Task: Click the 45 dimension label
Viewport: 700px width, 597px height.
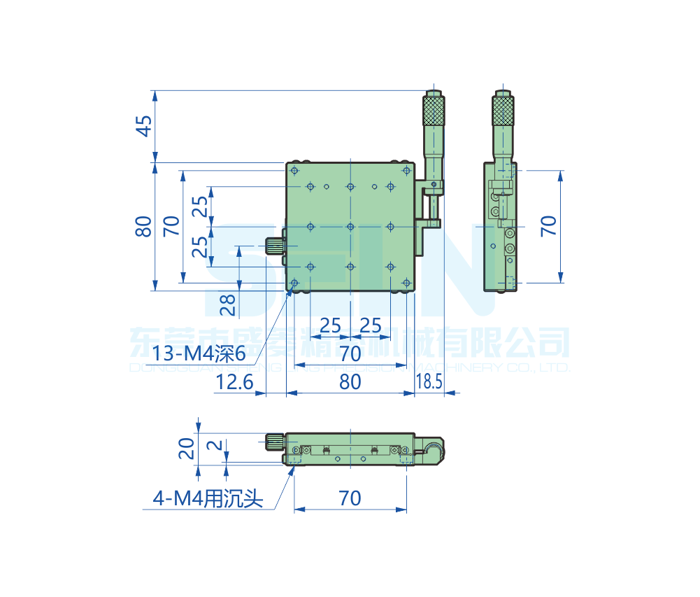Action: coord(143,127)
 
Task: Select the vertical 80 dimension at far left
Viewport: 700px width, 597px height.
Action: coord(143,227)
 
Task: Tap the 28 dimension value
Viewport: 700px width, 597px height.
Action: coord(228,304)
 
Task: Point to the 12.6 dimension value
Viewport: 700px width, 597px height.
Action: coord(234,382)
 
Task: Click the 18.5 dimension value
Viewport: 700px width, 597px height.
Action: coord(429,382)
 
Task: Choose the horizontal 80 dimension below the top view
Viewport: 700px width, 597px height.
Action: coord(350,382)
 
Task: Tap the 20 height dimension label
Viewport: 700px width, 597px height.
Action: coord(186,449)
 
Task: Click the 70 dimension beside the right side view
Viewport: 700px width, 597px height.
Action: coord(549,225)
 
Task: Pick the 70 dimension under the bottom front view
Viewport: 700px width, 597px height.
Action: coord(350,498)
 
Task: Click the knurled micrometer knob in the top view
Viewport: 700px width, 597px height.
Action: coord(434,111)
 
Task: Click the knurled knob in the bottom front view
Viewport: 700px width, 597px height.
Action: coord(274,441)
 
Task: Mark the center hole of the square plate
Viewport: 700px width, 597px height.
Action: coord(350,227)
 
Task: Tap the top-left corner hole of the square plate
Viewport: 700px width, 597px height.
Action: coord(294,171)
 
